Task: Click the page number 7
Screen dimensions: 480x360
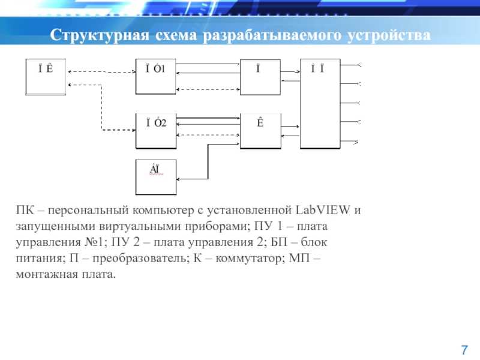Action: pos(463,349)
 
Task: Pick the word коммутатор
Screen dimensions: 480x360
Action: pos(263,259)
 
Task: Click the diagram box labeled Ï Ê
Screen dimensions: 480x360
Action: pos(46,77)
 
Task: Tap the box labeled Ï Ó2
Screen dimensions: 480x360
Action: pos(156,131)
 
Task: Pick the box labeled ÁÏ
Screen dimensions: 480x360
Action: pos(156,177)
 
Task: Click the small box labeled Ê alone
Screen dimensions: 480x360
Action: pos(260,131)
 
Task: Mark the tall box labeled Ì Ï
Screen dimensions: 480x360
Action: pos(320,104)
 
